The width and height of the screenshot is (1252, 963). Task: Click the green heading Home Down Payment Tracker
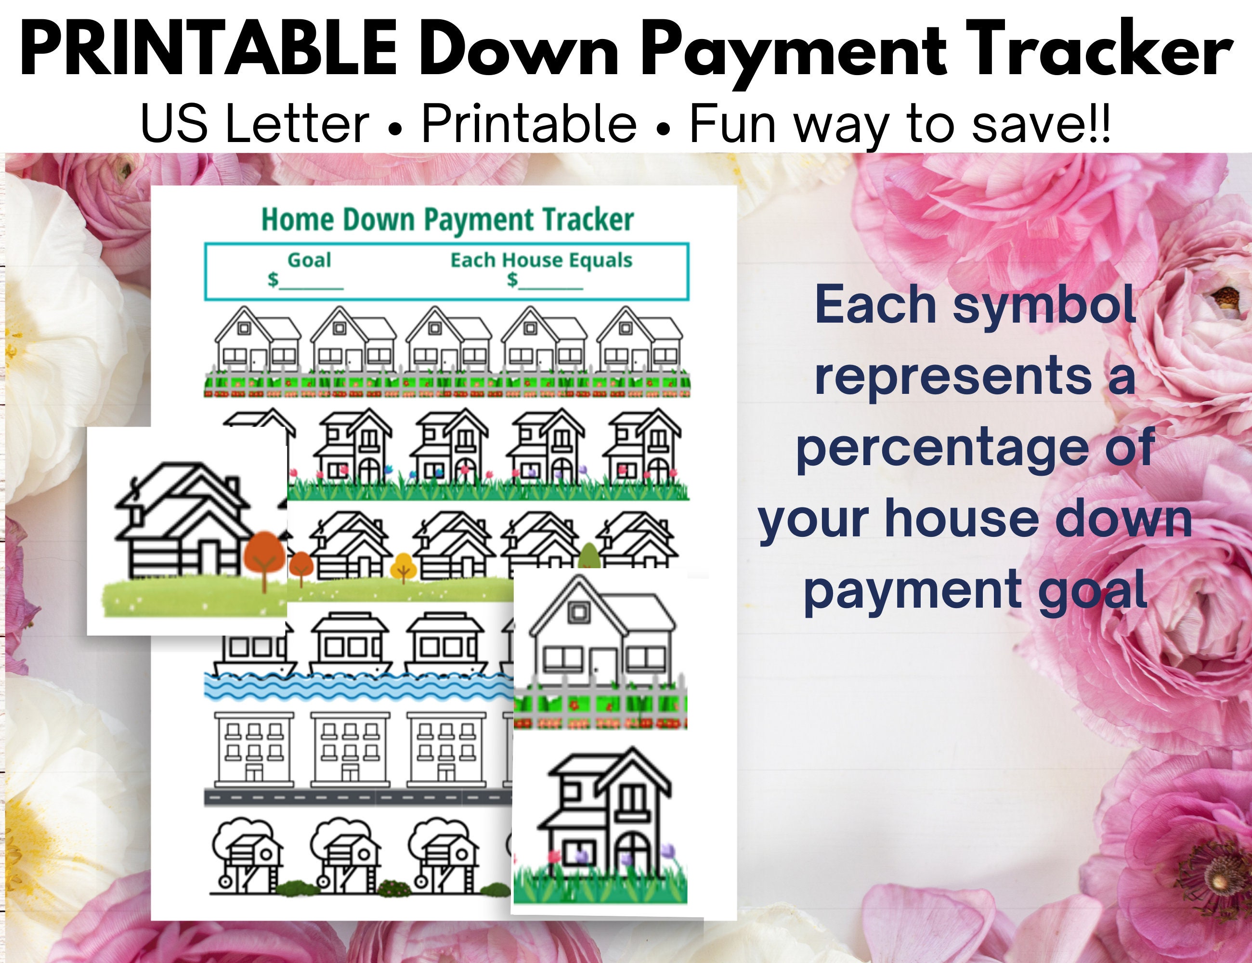click(x=447, y=220)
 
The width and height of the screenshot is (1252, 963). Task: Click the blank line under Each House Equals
click(x=550, y=286)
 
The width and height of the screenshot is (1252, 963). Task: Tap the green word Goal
click(x=309, y=260)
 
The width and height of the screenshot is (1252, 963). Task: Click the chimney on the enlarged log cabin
click(x=233, y=487)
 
